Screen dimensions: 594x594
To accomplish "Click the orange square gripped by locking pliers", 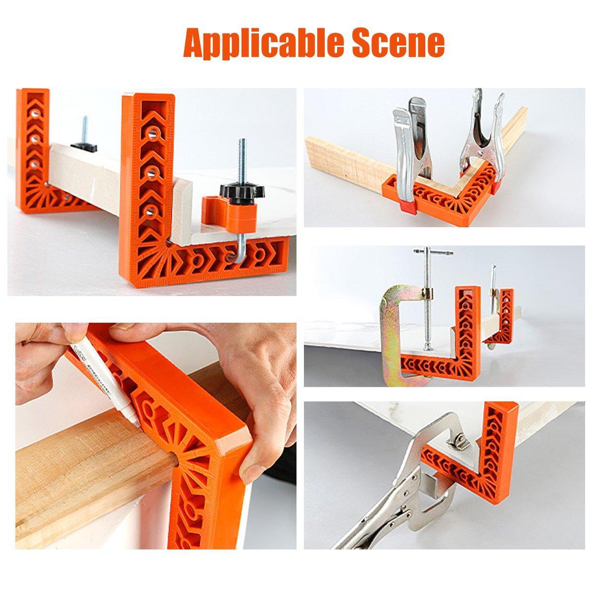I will tap(495, 445).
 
